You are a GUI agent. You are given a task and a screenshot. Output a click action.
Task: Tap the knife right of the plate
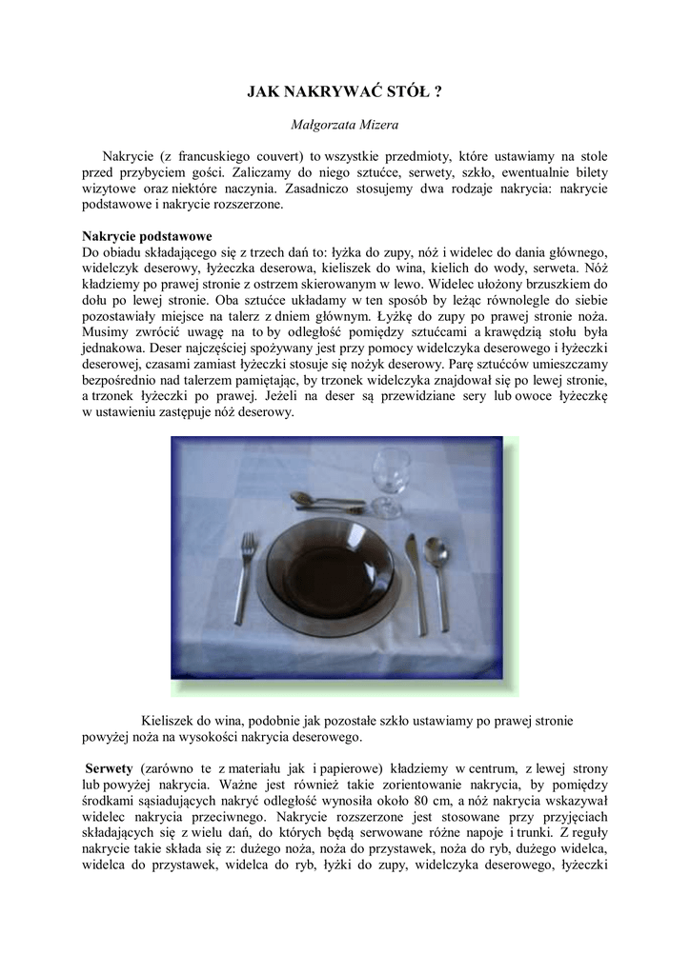click(x=416, y=583)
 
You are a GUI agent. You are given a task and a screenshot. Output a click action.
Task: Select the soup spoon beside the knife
click(x=438, y=576)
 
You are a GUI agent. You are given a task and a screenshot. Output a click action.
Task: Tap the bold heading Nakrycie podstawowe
click(x=147, y=236)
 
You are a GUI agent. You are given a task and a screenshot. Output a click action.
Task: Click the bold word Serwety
click(x=109, y=768)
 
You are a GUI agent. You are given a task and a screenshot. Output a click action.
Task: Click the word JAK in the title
click(x=261, y=92)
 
